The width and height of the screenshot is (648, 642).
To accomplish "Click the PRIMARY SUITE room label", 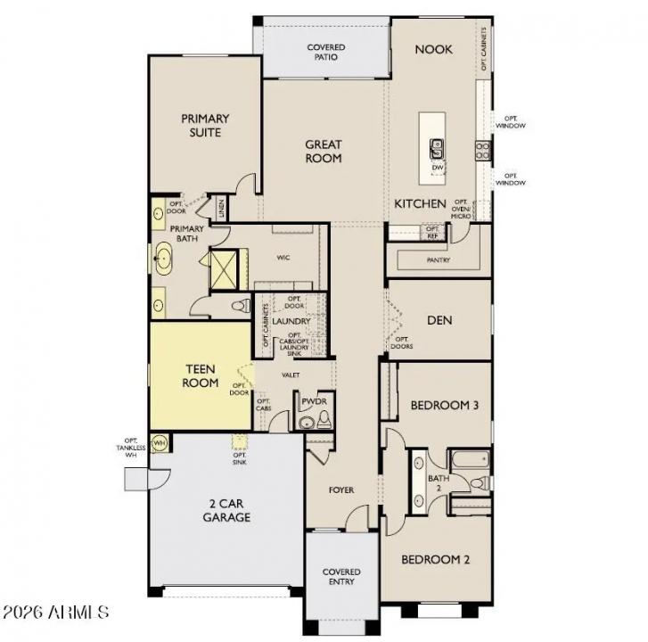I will point(205,126).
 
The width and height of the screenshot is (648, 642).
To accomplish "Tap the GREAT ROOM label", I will point(324,151).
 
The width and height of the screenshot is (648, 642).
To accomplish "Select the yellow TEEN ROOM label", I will point(201,374).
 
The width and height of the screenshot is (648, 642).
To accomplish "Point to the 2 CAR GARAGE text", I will point(226,509).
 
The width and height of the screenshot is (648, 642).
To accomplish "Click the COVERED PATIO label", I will point(325,52).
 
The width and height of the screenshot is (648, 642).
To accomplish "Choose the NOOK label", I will point(433,50).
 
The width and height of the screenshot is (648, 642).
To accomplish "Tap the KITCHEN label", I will point(420,204).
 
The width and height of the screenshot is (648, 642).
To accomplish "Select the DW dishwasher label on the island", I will point(438,167).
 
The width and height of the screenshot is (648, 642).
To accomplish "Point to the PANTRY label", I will point(438,260).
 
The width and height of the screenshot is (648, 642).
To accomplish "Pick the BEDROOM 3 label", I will point(445,406).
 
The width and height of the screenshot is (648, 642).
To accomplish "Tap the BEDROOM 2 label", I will point(435,560).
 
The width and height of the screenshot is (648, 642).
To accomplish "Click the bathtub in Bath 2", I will point(468,460).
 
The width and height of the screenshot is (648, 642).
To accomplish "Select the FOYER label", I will point(340,490).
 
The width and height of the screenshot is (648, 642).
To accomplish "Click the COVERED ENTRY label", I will point(341,576).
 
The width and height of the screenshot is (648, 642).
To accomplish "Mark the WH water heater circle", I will point(160,443).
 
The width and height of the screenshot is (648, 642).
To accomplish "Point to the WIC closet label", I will point(283,257).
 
